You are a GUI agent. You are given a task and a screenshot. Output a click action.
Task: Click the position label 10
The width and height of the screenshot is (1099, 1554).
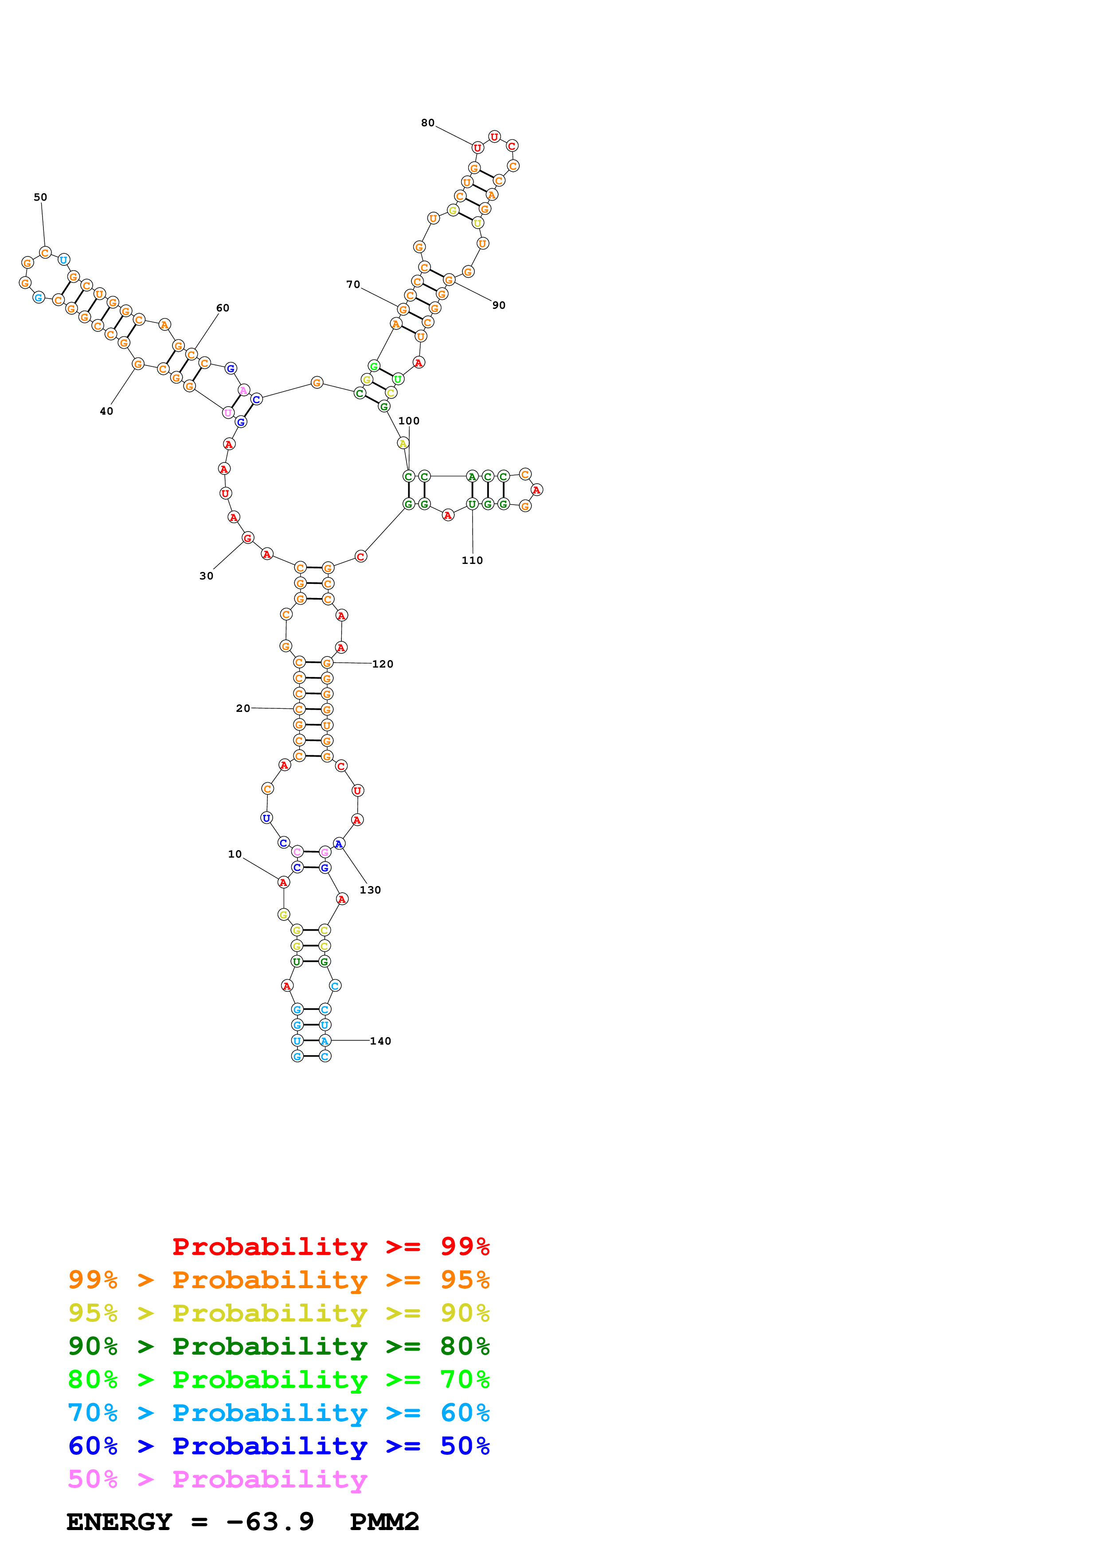coord(234,854)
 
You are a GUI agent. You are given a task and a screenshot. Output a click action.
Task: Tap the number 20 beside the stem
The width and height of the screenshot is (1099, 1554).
coord(242,708)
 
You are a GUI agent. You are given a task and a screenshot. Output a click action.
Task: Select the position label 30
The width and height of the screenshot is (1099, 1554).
coord(206,576)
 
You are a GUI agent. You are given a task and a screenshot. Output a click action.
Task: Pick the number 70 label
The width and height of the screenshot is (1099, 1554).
coord(353,284)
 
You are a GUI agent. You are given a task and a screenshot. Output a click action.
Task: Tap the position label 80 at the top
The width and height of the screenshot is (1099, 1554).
coord(427,123)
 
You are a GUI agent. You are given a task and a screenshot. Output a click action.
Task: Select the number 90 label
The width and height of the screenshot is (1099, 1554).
coord(498,305)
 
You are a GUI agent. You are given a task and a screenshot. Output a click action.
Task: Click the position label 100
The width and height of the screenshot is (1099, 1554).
coord(408,420)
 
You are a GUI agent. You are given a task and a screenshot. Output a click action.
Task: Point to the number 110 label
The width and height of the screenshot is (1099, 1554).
coord(472,560)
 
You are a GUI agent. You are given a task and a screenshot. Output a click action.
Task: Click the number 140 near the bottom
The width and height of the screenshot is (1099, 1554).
coord(380,1041)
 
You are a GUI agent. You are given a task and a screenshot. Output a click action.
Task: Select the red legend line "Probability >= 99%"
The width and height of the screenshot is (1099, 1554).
coord(330,1247)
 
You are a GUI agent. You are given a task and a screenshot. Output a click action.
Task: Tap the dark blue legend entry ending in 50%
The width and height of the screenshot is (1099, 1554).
coord(278,1446)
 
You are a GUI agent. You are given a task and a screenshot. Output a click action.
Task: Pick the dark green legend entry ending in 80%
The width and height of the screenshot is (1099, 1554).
coord(278,1346)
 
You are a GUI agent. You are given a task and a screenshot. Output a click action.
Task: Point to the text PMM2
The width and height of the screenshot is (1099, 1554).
coord(384,1522)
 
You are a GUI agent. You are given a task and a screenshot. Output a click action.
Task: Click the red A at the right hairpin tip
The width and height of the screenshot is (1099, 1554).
coord(536,490)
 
